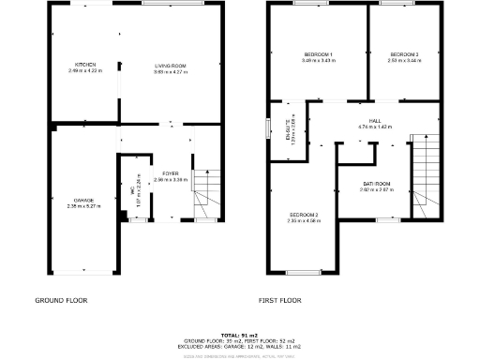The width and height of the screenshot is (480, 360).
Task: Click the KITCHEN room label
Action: click(85, 65)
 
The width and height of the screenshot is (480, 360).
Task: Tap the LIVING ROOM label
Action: click(171, 65)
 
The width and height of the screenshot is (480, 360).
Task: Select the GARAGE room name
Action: click(83, 199)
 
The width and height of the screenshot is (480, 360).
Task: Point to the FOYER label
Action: click(171, 173)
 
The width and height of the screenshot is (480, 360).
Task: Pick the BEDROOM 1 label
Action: click(319, 54)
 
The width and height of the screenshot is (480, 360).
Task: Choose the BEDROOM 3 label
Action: click(404, 54)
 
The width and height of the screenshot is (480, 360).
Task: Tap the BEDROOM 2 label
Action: click(304, 216)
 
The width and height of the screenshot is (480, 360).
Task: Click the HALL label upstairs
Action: click(375, 121)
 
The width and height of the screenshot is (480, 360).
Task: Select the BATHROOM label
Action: click(377, 184)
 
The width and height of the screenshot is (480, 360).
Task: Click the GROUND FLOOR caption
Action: click(61, 301)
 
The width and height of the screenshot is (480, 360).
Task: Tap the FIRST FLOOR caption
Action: click(279, 301)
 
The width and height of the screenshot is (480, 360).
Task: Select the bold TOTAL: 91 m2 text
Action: click(240, 335)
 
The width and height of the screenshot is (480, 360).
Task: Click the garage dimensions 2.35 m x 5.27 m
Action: click(83, 205)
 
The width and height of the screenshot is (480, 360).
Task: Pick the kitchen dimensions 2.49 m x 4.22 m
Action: click(85, 71)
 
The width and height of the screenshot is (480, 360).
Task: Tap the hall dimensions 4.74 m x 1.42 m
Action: click(375, 127)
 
